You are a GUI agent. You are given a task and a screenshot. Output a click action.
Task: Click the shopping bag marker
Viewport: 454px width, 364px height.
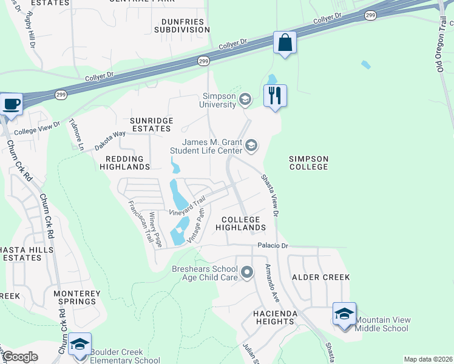(284, 44)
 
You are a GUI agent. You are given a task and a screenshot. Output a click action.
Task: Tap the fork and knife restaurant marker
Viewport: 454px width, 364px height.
(275, 96)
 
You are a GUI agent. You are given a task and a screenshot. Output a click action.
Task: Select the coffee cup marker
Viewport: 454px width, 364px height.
(12, 104)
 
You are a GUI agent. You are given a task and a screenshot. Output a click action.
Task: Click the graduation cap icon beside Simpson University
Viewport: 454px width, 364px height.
(245, 99)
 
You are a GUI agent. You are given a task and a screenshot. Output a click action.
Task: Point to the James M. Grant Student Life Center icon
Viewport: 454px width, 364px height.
(251, 146)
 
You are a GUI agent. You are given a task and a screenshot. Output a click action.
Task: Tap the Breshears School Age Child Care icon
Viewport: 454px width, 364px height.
(246, 273)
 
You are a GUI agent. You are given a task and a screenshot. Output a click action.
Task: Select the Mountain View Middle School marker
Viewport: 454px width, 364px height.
(344, 315)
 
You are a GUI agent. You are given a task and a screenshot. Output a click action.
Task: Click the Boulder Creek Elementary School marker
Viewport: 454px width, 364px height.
(80, 345)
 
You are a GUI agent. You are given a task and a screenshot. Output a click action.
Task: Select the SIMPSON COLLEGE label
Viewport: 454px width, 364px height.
(308, 163)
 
